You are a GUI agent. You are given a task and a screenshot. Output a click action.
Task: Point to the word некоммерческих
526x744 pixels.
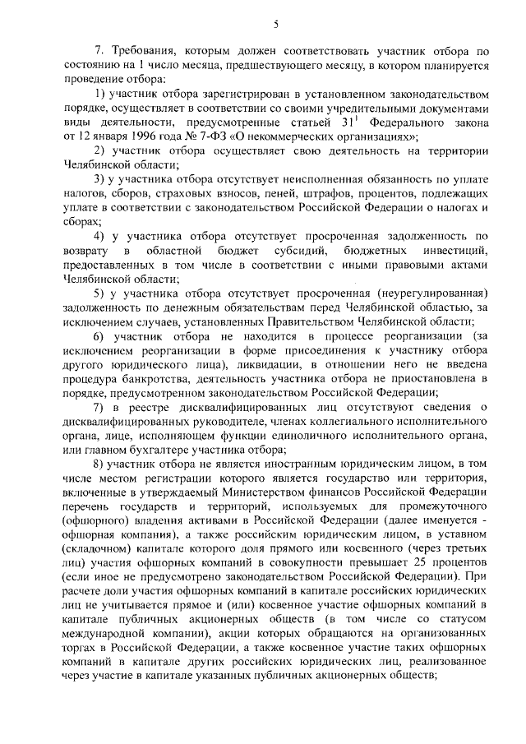(x=288, y=136)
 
